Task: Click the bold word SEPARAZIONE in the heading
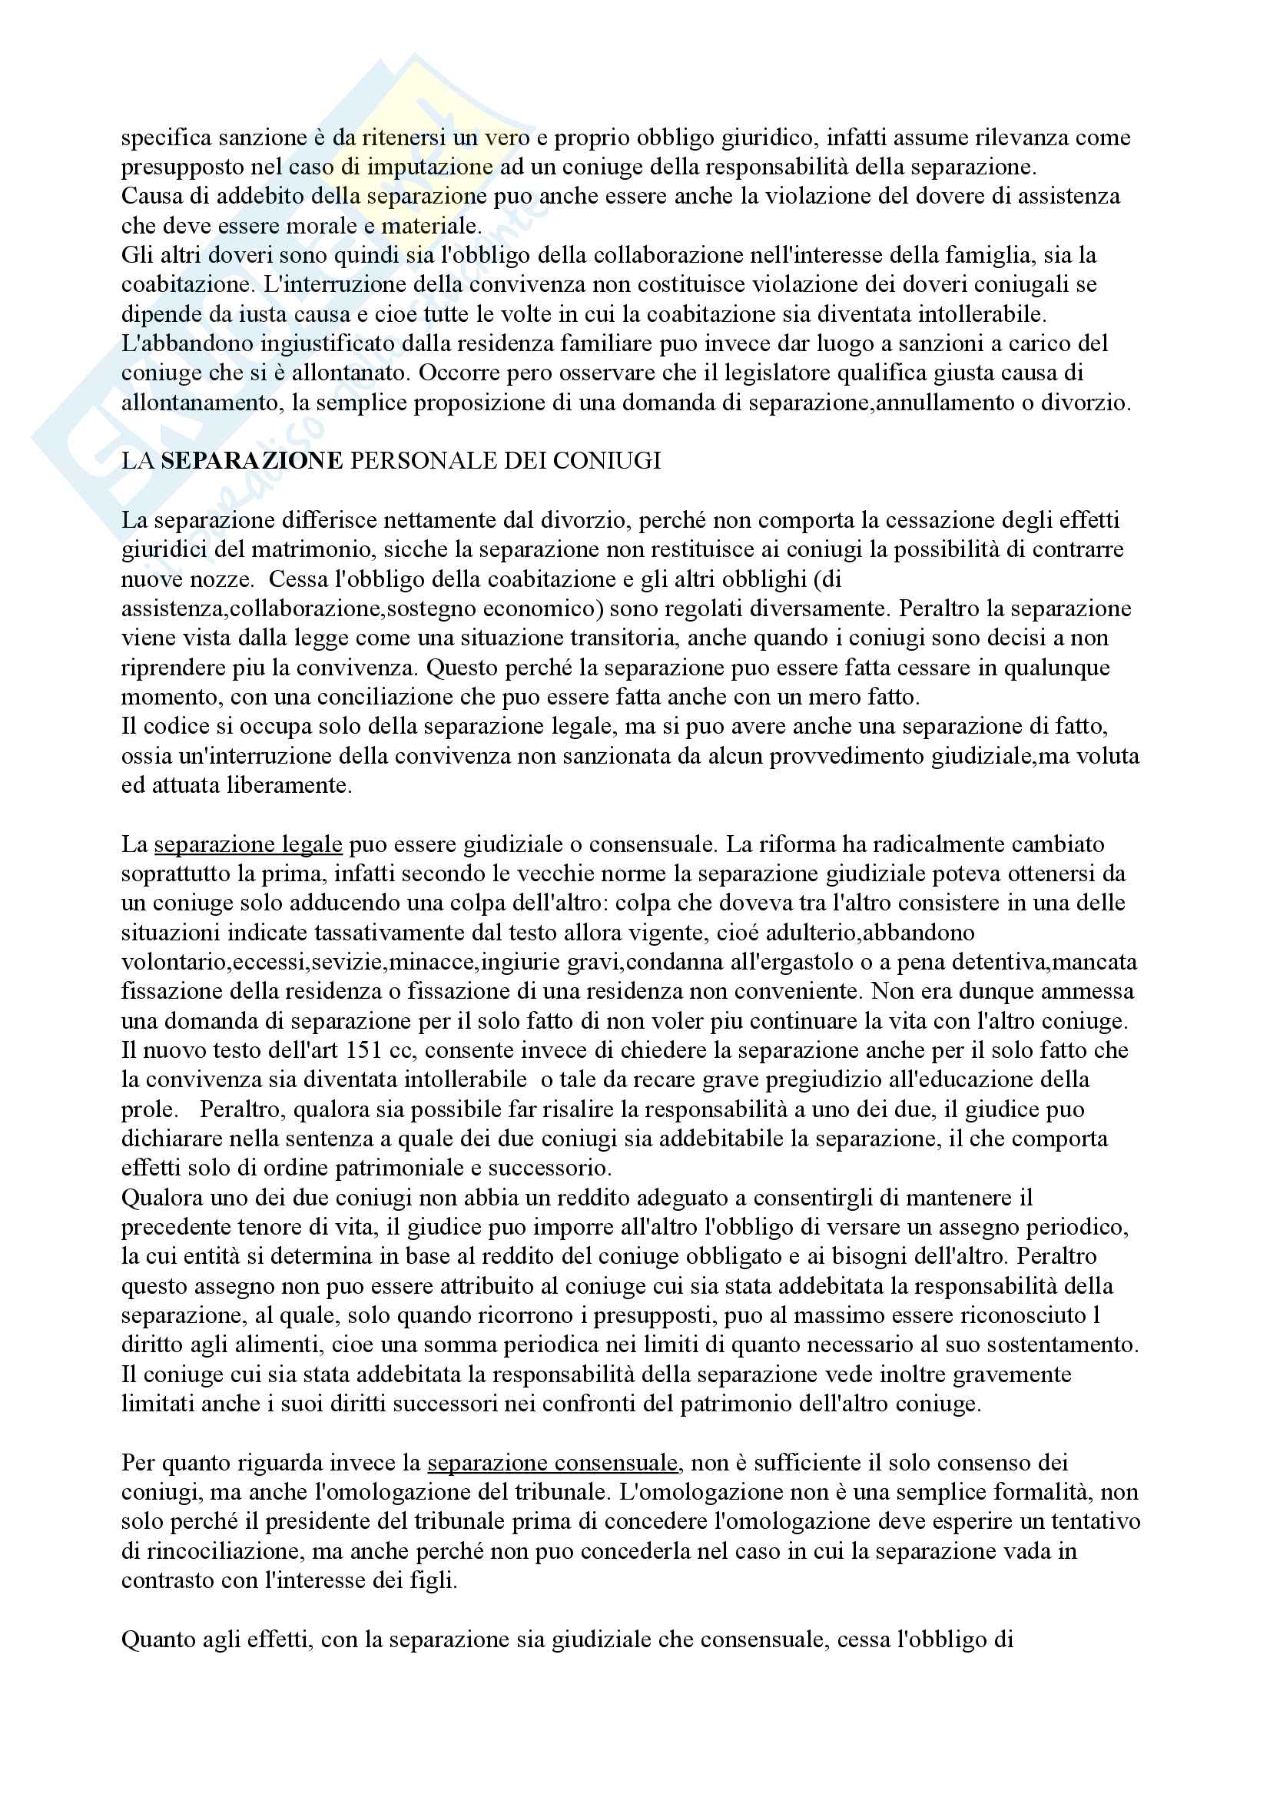tap(251, 460)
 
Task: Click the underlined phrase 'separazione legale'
tap(248, 844)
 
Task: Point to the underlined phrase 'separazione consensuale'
tap(552, 1462)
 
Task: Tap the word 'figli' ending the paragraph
tap(435, 1580)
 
